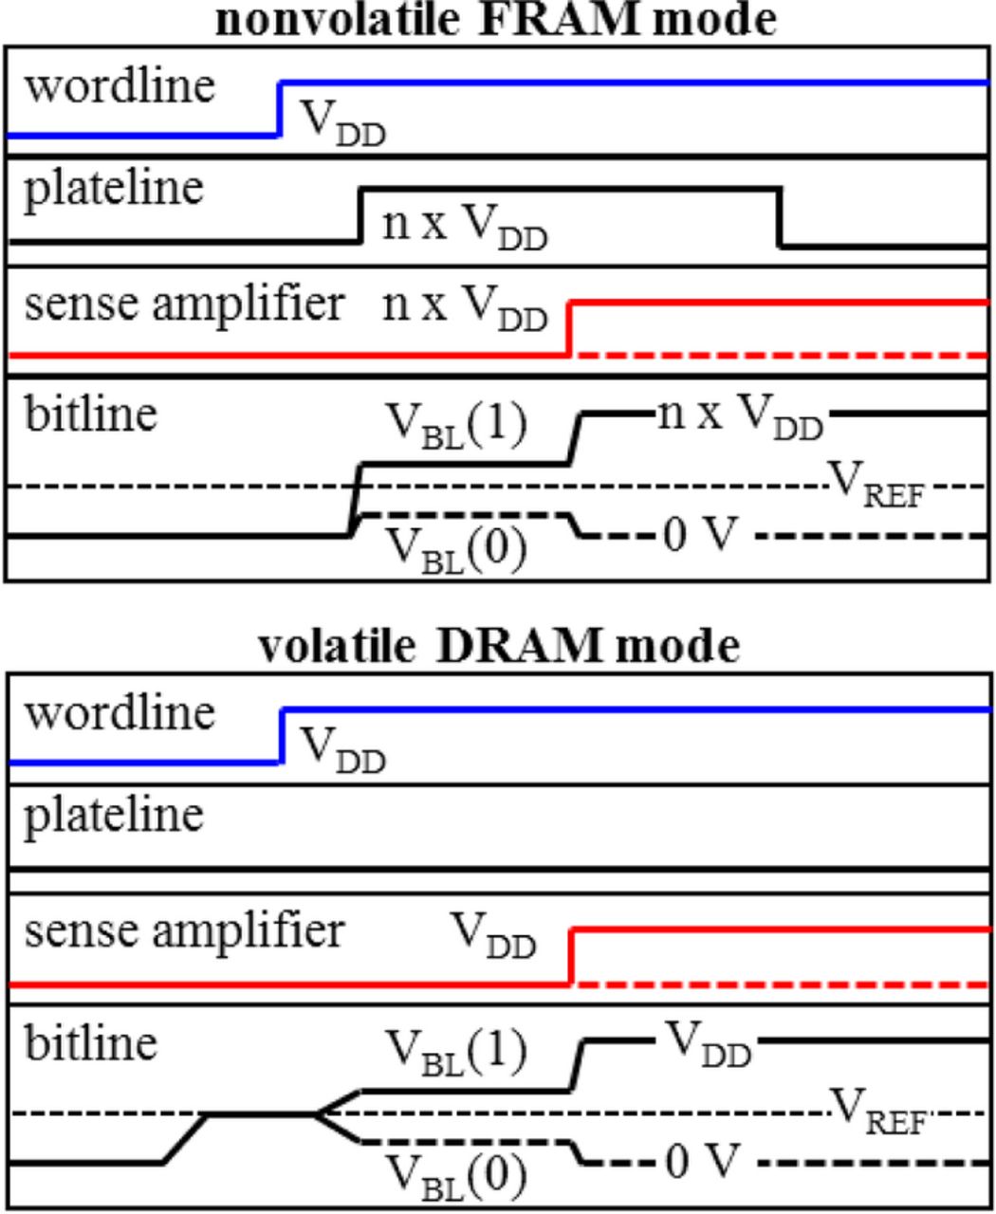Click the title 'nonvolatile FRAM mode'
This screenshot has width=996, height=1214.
(496, 19)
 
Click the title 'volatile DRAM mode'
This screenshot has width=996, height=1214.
(498, 646)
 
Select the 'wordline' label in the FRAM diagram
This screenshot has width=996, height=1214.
(120, 85)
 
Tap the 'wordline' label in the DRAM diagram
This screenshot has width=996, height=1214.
(120, 712)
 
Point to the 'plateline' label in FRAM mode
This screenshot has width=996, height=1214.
(113, 188)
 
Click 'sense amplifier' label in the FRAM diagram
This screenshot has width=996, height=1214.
(184, 304)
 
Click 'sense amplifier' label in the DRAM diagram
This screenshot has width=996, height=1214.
(184, 930)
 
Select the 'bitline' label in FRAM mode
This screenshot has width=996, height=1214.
(90, 414)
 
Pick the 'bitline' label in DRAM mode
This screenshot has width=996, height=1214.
(90, 1042)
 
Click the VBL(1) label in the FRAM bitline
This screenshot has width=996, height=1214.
(456, 425)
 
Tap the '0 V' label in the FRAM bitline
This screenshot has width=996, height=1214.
(700, 537)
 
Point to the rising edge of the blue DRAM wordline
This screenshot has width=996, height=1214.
(283, 735)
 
